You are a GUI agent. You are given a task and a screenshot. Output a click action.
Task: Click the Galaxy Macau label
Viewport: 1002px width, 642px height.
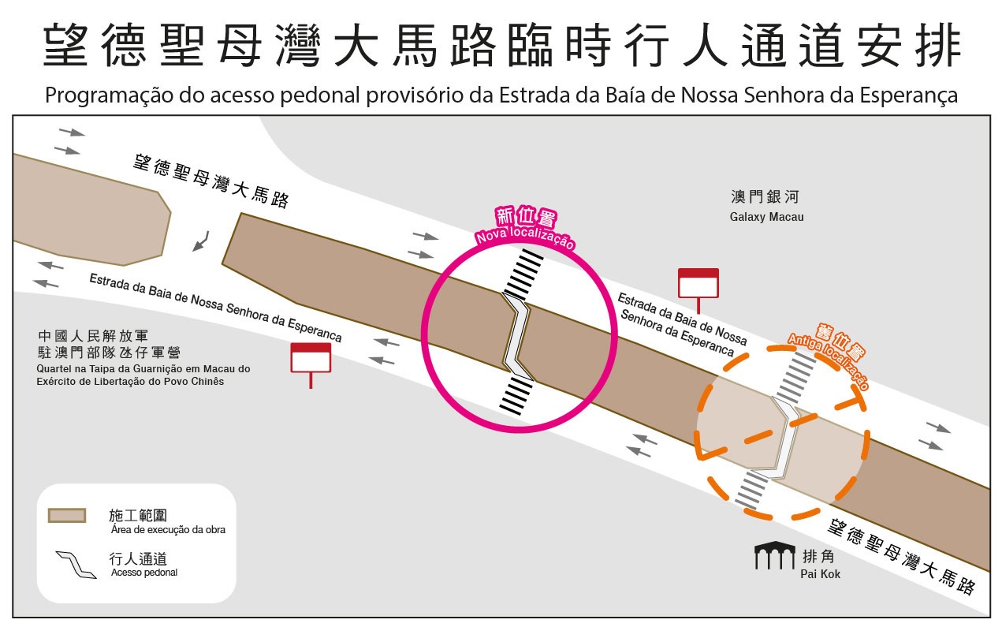pos(767,217)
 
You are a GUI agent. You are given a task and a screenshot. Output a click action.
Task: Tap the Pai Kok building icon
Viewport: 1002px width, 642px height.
pos(776,556)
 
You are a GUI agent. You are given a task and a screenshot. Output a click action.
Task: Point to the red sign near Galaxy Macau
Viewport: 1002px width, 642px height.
pos(698,284)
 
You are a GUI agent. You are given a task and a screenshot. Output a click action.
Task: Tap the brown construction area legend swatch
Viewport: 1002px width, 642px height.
pos(67,515)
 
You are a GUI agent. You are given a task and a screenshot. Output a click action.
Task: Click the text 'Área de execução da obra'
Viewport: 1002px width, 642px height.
pos(168,529)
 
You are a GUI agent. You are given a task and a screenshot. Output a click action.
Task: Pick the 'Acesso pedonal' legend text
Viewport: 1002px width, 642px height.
pos(144,573)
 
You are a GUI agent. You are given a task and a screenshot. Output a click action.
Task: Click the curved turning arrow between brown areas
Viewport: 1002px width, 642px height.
pos(202,240)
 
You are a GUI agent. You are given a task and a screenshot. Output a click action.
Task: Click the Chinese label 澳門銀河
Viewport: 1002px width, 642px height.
pos(753,197)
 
